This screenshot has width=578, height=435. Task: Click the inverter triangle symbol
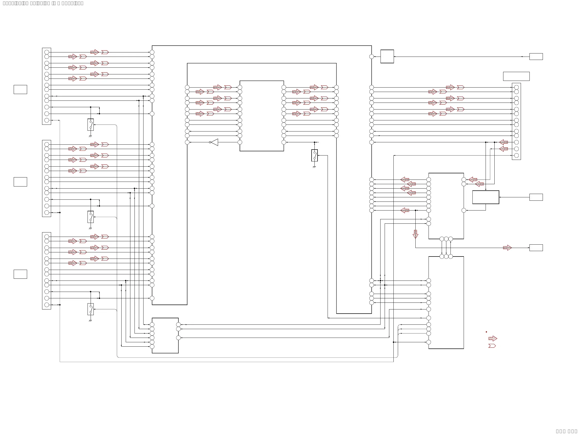(x=215, y=142)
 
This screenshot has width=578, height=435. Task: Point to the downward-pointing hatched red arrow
(x=415, y=234)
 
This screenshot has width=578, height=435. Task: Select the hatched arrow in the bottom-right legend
(x=493, y=339)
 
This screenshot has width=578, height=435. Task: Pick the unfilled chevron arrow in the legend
(x=492, y=346)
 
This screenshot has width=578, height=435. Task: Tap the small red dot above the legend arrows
(x=486, y=332)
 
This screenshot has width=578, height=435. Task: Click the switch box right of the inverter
(x=314, y=155)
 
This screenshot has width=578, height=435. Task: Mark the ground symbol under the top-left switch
(x=90, y=136)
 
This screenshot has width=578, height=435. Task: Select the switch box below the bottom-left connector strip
(x=91, y=309)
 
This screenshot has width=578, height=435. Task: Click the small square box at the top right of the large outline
(x=387, y=57)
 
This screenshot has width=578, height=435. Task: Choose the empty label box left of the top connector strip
(x=20, y=89)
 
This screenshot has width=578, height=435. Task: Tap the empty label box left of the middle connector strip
(x=20, y=182)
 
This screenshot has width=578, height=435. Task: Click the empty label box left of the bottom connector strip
(x=20, y=274)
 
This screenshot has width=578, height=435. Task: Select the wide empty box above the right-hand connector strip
(x=516, y=76)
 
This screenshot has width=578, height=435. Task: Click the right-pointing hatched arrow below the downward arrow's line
(x=507, y=247)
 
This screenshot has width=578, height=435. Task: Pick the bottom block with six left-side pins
(x=165, y=335)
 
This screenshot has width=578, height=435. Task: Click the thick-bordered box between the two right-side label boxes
(x=486, y=197)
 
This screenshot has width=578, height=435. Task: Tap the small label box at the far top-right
(x=536, y=57)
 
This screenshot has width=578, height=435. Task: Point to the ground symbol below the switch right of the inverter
(x=314, y=167)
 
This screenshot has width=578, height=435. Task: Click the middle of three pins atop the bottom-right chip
(x=446, y=257)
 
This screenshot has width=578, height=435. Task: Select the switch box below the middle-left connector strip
(x=91, y=217)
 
